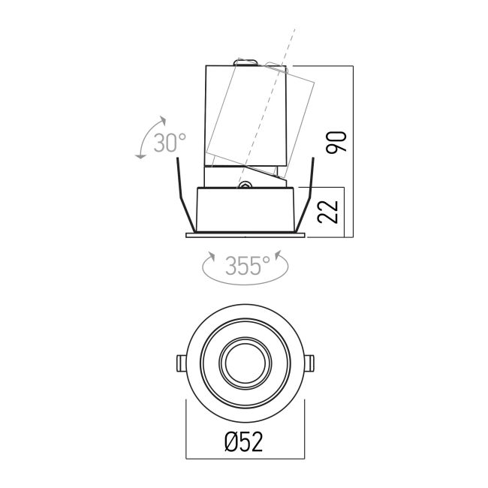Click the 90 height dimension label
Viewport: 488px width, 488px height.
(x=336, y=143)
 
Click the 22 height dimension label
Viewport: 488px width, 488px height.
(x=328, y=212)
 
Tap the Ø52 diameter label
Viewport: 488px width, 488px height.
(x=244, y=442)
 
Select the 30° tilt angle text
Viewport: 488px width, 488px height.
(x=170, y=143)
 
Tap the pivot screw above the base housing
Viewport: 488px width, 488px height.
(x=245, y=185)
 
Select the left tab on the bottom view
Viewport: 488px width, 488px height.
(x=181, y=363)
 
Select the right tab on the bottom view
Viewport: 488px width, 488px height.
(x=309, y=363)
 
